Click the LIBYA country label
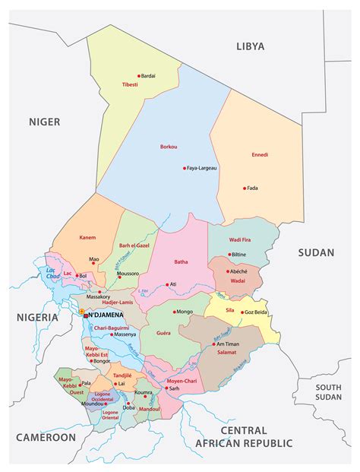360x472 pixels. point(251,46)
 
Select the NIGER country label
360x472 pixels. point(44,122)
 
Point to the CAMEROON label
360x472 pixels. point(46,437)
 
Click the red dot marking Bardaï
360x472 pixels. point(140,75)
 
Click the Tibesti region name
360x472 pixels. point(130,85)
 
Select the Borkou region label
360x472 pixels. point(169,146)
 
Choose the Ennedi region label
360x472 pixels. point(260,154)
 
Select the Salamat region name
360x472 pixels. point(228,352)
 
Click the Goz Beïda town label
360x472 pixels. point(255,312)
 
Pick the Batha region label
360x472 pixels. point(181,261)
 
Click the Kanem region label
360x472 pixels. point(87,237)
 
